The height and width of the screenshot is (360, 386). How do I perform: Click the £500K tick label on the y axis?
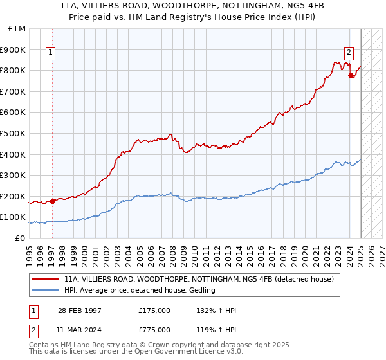tap(14, 133)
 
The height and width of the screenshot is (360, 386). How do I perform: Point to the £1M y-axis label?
tap(17, 28)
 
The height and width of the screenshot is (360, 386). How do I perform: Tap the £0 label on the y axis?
tap(21, 238)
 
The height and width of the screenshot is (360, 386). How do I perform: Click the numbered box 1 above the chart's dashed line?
tap(51, 53)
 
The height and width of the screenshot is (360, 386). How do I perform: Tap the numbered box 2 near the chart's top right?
tap(349, 53)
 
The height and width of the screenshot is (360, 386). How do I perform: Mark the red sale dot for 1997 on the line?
tap(52, 201)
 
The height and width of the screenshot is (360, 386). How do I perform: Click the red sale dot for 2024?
tap(351, 76)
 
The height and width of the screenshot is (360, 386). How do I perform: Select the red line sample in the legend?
tap(45, 280)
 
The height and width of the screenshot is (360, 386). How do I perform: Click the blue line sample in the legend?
tap(45, 291)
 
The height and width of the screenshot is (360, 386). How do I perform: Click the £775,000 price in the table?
tap(154, 328)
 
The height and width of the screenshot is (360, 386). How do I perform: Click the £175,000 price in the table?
tap(154, 310)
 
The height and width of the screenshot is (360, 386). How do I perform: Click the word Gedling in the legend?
tap(201, 291)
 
